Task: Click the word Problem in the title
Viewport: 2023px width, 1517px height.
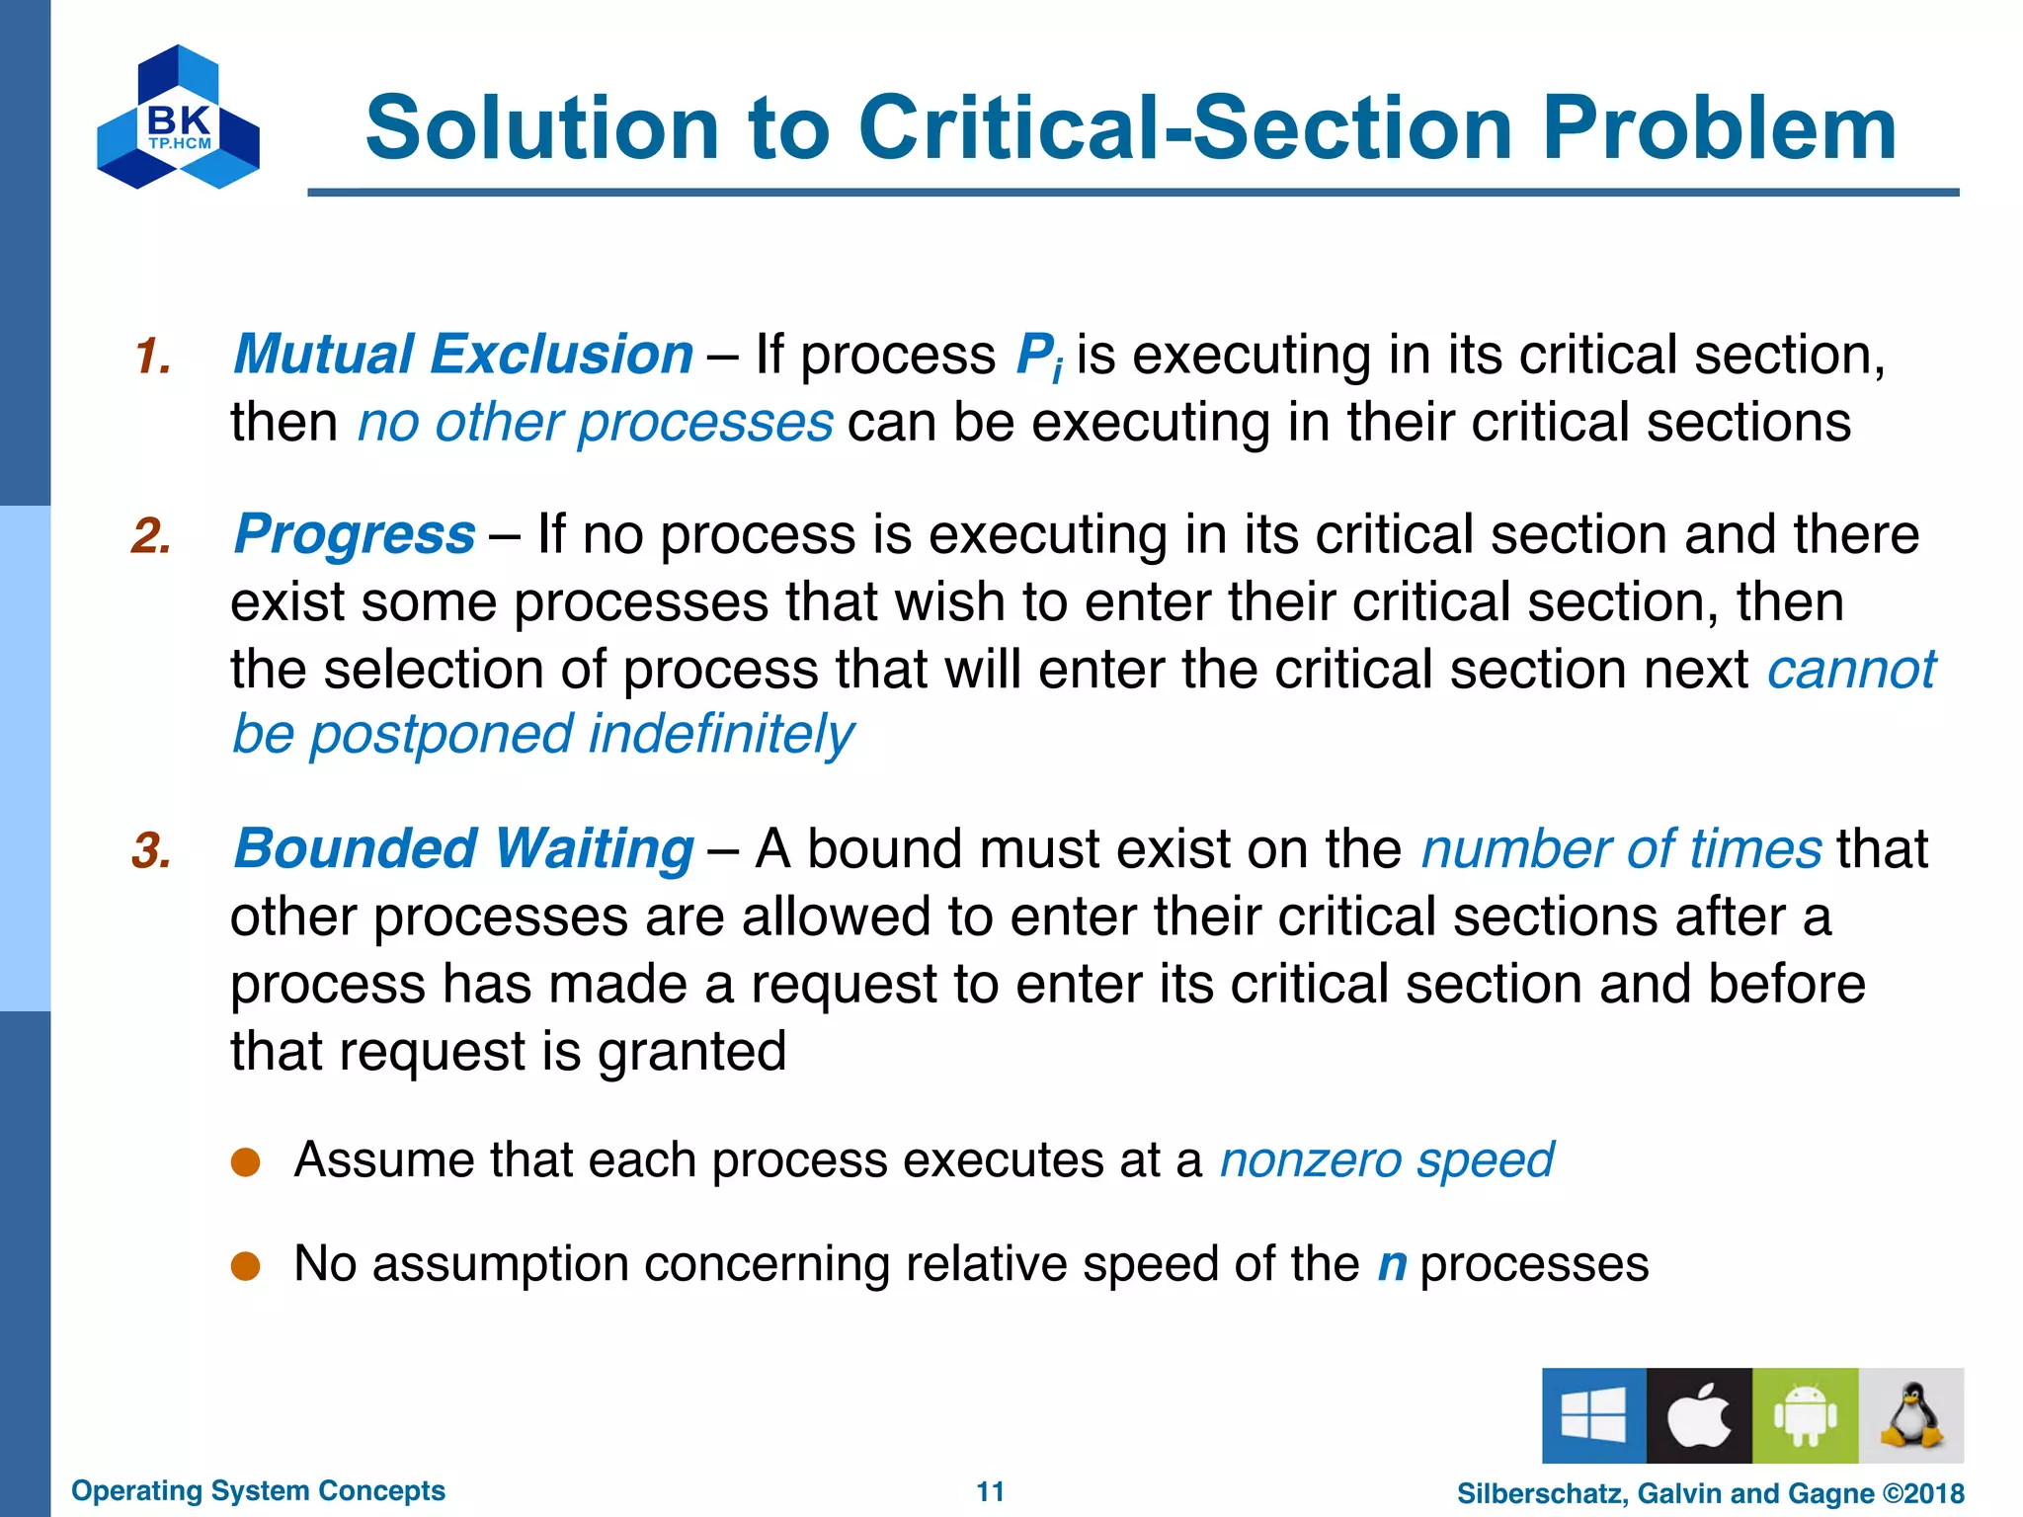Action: [x=1719, y=128]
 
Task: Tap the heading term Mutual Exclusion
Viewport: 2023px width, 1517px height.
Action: [x=463, y=355]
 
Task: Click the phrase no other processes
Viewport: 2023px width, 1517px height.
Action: [x=596, y=423]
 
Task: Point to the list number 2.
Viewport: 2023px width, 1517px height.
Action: [x=151, y=536]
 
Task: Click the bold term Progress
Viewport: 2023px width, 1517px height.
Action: [x=355, y=534]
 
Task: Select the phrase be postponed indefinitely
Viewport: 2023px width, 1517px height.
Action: [x=543, y=736]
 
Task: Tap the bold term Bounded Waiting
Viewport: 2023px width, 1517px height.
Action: [x=463, y=849]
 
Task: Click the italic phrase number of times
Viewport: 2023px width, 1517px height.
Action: [x=1621, y=849]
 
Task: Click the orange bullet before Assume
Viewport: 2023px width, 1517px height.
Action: [x=245, y=1162]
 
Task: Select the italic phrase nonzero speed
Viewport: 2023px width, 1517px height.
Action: [x=1387, y=1160]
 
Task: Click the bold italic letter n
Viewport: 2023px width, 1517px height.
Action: [x=1392, y=1265]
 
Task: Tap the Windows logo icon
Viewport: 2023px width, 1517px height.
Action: [x=1593, y=1415]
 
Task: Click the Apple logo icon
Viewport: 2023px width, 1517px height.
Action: [x=1699, y=1415]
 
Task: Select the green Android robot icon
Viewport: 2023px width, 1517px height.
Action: [x=1805, y=1415]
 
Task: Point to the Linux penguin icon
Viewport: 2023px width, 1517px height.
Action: [x=1910, y=1415]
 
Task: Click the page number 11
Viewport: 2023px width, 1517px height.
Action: [x=990, y=1491]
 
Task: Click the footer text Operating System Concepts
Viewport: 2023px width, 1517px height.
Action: [x=259, y=1490]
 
